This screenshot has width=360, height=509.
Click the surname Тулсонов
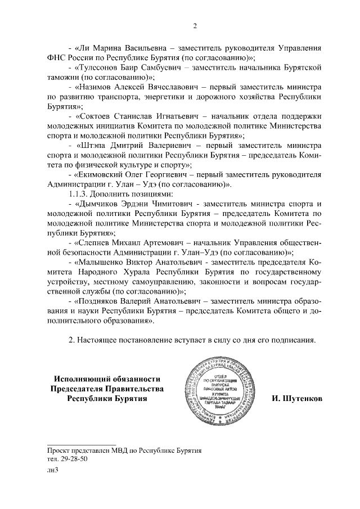(98, 67)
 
